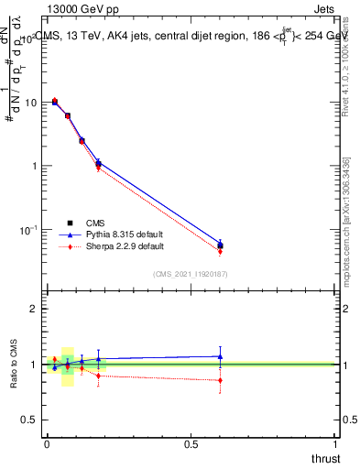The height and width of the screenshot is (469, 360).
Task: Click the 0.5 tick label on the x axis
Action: pos(191,442)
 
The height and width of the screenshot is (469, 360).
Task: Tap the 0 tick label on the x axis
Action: pos(47,442)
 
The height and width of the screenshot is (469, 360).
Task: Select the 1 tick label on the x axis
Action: pos(335,442)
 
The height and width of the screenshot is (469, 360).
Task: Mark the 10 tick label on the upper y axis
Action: pos(30,103)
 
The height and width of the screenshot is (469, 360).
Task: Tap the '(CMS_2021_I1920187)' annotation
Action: pos(191,273)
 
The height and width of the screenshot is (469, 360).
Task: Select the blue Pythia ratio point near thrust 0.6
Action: pos(220,356)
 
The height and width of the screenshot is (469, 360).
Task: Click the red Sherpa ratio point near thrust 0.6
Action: pos(220,379)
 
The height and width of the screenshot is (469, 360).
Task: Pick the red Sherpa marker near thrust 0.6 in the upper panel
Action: pos(220,251)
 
